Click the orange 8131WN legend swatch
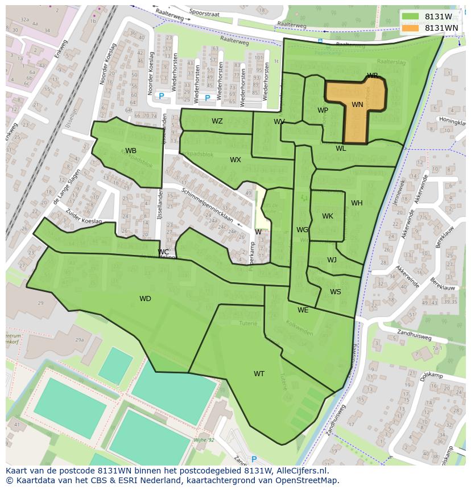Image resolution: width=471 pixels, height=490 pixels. point(410,28)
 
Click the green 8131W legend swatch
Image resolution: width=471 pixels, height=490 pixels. point(410,17)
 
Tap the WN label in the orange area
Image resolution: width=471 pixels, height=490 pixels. point(357,105)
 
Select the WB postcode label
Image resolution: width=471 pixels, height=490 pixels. point(131,151)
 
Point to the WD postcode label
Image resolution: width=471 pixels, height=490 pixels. point(145,299)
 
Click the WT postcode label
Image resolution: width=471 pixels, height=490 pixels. point(259,374)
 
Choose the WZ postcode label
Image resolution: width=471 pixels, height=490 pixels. point(217,121)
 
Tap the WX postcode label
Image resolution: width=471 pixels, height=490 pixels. point(235,160)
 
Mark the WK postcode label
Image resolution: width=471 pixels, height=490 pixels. point(328,216)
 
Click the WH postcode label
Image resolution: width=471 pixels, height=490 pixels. point(357,203)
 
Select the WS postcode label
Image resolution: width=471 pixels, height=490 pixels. point(336,292)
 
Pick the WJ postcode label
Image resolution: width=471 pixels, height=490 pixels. point(332,260)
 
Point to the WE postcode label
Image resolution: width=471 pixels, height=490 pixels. point(303,310)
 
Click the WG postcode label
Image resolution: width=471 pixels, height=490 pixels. point(302,230)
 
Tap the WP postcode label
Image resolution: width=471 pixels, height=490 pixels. point(323,110)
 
